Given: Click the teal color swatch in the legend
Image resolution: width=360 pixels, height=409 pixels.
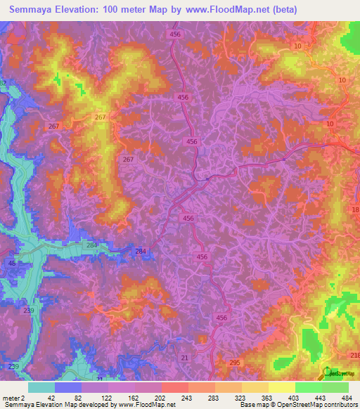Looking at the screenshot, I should coord(41,387).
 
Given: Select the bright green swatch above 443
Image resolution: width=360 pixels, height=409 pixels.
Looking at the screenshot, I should coord(308,387).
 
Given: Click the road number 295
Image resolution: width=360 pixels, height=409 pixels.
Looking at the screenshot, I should coord(234,363).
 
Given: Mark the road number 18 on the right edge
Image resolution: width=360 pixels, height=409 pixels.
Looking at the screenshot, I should coord(354,210).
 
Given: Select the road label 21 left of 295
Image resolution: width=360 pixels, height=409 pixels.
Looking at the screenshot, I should coord(184,358).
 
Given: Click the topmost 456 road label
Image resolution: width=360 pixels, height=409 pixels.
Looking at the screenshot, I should coord(174,34).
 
